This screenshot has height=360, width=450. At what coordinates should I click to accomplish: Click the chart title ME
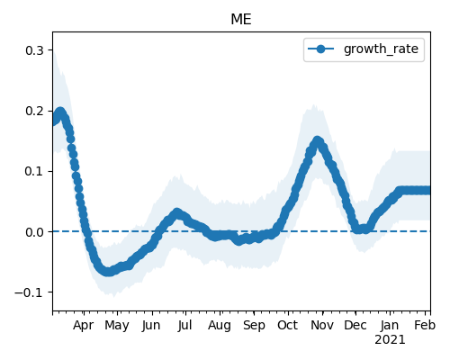241,20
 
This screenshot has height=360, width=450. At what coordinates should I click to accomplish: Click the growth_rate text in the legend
381,49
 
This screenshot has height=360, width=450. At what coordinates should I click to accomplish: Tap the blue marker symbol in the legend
320,49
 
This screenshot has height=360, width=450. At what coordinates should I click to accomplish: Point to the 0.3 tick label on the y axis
34,50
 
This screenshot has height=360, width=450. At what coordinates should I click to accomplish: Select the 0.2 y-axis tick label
34,111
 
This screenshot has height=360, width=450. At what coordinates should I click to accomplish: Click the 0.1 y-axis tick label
34,171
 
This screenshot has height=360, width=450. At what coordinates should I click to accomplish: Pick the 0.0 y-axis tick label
34,232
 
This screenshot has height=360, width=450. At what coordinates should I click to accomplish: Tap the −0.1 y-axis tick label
29,292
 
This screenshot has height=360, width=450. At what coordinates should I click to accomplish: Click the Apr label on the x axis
84,326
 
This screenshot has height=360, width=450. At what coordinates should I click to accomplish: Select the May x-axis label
117,326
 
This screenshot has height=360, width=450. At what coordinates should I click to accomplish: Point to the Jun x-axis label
151,326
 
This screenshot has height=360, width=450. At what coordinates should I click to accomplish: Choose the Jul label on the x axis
184,326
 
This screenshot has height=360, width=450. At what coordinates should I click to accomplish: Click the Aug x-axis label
220,326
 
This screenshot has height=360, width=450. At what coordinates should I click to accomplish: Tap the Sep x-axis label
254,326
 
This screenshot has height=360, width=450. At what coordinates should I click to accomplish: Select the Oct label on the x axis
288,326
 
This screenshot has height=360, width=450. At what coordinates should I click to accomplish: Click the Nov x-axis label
322,326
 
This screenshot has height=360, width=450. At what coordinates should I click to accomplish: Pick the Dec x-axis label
355,326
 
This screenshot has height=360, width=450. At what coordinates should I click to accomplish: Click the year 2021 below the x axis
390,340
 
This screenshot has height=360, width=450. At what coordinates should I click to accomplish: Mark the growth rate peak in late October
318,140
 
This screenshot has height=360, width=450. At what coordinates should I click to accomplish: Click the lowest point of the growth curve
108,272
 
